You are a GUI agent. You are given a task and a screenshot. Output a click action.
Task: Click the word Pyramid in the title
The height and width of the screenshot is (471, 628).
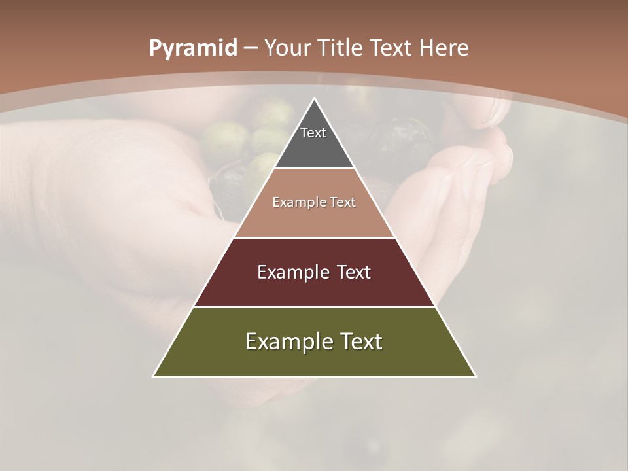[x=193, y=48]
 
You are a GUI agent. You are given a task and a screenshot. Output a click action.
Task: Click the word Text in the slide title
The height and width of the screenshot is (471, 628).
[x=391, y=48]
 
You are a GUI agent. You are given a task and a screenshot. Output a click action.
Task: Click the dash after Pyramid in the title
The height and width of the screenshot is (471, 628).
[x=251, y=48]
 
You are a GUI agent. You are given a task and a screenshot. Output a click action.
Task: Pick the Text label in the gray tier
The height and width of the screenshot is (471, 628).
[x=313, y=133]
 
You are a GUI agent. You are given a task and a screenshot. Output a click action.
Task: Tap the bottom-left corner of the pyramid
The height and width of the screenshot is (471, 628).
[x=154, y=376]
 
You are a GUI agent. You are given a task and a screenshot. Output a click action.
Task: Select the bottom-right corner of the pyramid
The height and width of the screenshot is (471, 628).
[x=475, y=376]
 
